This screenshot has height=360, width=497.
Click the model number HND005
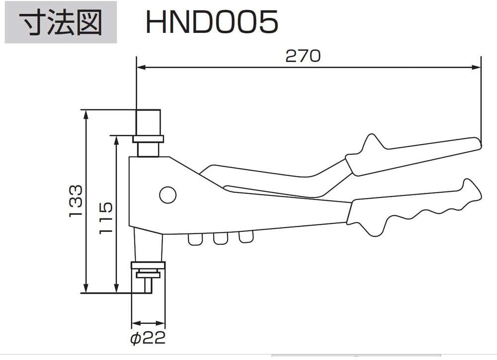[211, 22]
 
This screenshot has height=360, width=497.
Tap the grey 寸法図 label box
[61, 22]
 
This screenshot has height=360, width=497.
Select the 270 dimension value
[303, 56]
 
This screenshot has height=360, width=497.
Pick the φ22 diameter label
[148, 338]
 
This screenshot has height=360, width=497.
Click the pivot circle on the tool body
[168, 194]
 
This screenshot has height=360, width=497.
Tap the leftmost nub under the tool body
[195, 239]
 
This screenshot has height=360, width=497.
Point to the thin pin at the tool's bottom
[148, 285]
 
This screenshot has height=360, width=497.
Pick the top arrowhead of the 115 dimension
[116, 139]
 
